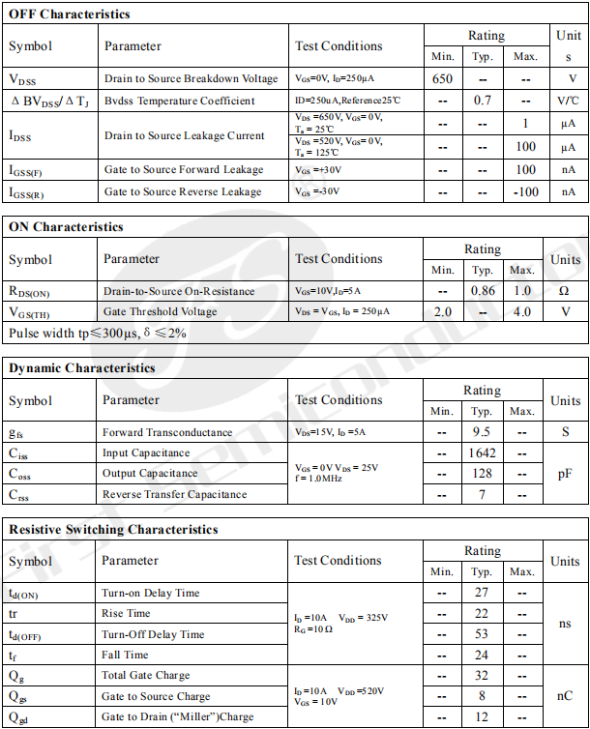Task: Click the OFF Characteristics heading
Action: tap(69, 15)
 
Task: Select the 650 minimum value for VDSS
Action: tap(443, 78)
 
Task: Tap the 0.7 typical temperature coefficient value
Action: tap(483, 101)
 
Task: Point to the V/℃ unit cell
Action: tap(568, 101)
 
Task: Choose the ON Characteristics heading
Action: tap(66, 227)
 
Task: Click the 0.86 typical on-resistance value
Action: tap(482, 291)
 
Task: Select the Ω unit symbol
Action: tap(565, 291)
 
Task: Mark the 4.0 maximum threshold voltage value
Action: tap(522, 312)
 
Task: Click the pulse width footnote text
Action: tap(98, 334)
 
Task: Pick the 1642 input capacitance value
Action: tap(482, 453)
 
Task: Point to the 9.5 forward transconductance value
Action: tap(482, 432)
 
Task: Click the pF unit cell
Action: tap(565, 474)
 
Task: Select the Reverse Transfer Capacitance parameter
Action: tap(175, 495)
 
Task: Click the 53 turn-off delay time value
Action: tap(482, 634)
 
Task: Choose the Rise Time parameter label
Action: tap(127, 613)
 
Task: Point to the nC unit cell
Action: tap(565, 696)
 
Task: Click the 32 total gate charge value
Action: tap(482, 676)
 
